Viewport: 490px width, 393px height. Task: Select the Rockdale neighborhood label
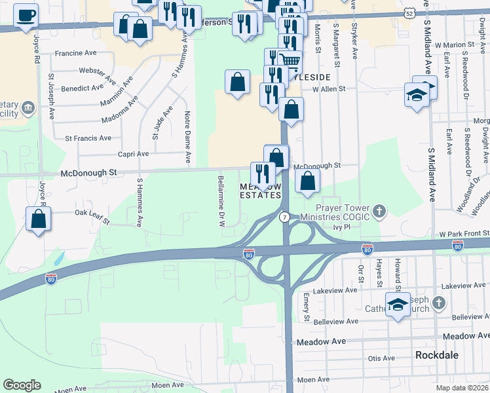click(436, 354)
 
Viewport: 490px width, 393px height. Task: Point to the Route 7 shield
click(284, 217)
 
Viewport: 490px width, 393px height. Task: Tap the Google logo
click(22, 385)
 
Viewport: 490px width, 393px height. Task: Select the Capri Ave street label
click(133, 154)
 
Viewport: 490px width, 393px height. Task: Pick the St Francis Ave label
click(88, 138)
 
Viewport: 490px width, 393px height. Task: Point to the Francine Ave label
click(78, 54)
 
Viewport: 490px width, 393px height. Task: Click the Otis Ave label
click(381, 358)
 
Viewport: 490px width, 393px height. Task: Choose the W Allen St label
click(329, 90)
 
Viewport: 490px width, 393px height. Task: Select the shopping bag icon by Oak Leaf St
click(39, 219)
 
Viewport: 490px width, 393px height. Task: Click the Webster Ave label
click(93, 70)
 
